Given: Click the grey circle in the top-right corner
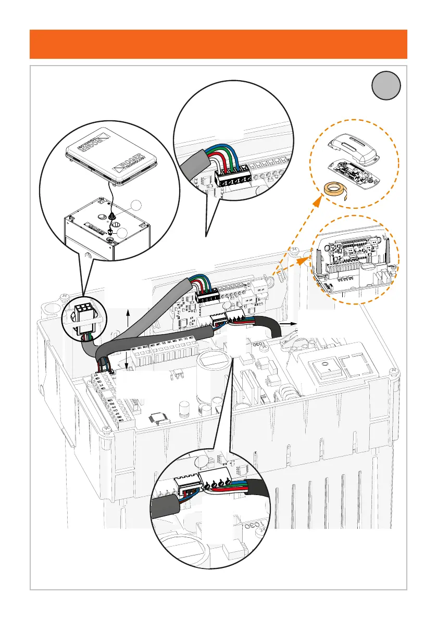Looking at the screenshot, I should point(386,85).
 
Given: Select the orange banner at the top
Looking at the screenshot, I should point(218,44).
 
